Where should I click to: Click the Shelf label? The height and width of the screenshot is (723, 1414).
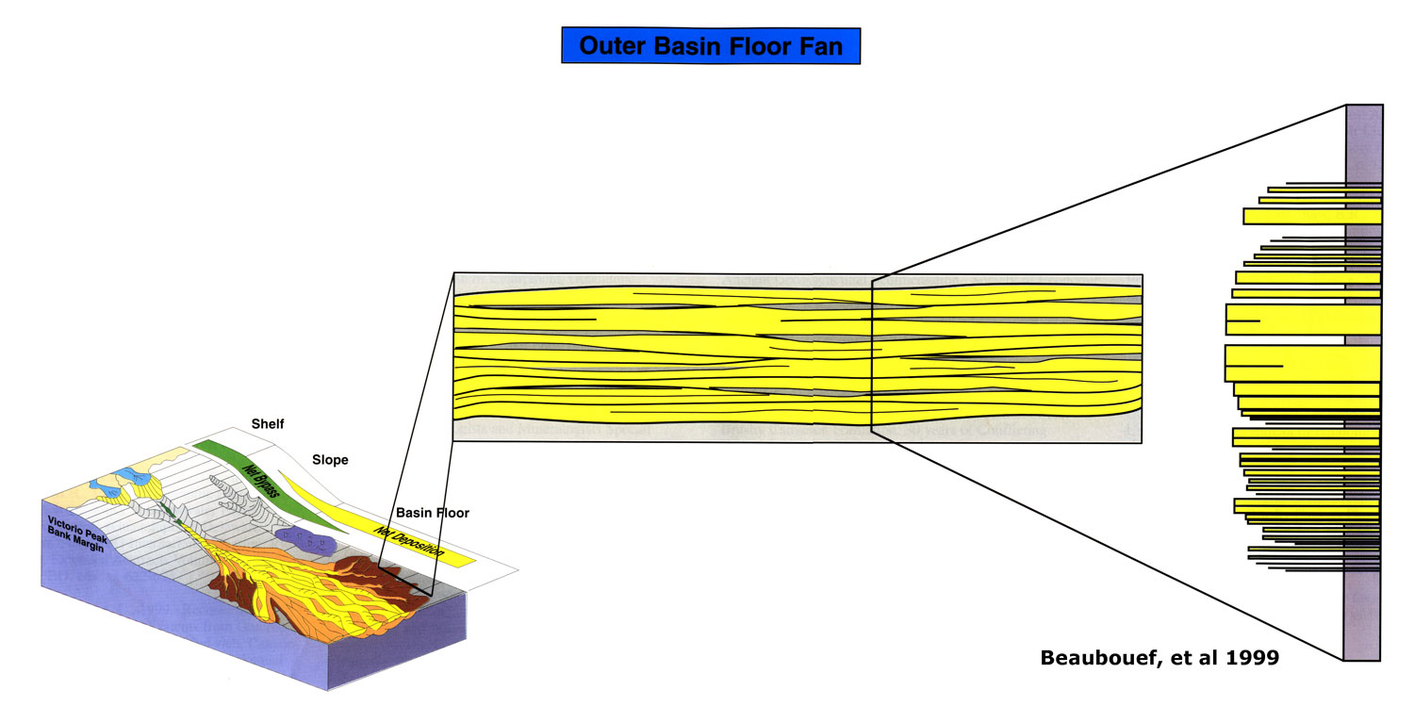268,425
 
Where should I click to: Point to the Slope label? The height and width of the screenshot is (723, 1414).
330,460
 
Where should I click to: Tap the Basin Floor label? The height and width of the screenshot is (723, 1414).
432,513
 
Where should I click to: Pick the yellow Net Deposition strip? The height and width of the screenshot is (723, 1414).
405,537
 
